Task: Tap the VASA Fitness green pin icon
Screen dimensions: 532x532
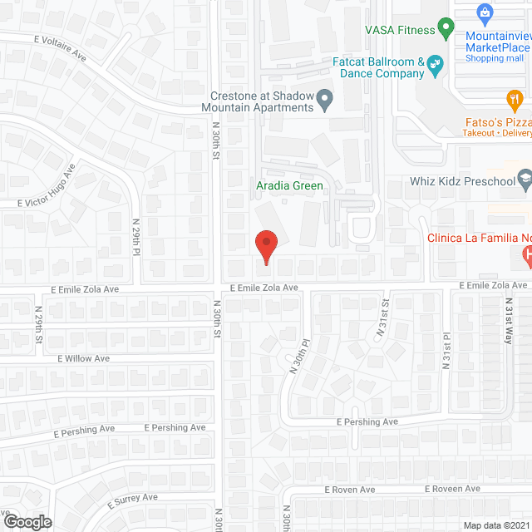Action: pos(446,30)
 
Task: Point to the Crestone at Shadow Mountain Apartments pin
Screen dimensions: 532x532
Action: pos(326,101)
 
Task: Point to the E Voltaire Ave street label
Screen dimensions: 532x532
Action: pos(60,47)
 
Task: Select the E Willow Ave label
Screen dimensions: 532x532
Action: pos(83,358)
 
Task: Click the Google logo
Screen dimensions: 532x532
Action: pos(27,521)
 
